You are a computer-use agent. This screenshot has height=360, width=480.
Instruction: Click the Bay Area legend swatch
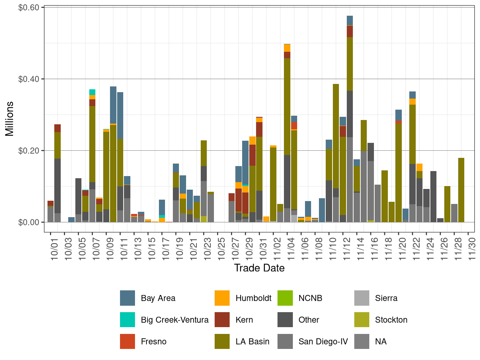coord(127,298)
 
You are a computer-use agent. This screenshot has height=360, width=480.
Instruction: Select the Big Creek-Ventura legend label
coord(174,320)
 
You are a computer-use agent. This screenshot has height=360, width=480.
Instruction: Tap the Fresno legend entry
coord(154,342)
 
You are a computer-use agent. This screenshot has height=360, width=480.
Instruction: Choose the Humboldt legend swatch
coord(222,298)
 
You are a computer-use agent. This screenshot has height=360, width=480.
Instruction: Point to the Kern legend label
coord(244,320)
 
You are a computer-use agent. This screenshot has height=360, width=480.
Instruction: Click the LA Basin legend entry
coord(252,342)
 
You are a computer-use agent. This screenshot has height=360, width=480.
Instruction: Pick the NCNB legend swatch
coord(285,298)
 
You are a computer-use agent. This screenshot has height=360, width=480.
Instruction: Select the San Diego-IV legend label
coord(323,342)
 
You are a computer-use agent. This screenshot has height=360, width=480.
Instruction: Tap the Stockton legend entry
coord(391,320)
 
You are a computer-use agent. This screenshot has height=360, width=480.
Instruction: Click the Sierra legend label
coord(386,298)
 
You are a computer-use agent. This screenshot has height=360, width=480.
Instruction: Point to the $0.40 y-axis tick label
coord(29,79)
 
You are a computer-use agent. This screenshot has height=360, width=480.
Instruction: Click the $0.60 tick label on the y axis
coord(29,7)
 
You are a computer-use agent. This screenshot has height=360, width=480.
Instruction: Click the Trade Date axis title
coord(259,268)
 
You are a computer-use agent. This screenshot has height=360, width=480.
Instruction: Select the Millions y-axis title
coord(10,119)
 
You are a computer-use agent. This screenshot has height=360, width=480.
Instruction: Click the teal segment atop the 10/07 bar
coord(92,92)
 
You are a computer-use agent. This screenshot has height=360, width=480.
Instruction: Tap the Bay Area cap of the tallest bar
coord(350,21)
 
